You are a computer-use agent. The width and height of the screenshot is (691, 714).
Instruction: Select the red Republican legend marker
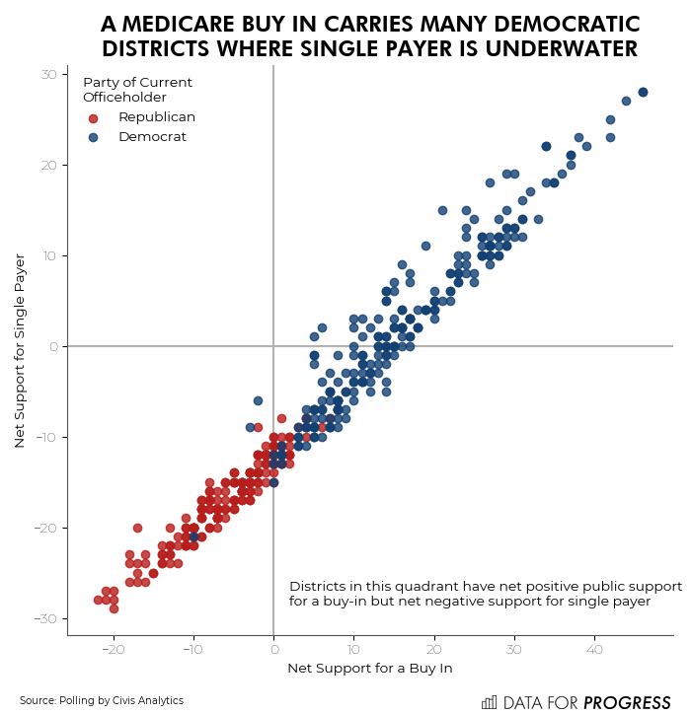[x=93, y=117]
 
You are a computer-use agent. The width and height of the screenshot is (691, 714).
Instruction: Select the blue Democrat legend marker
[x=93, y=137]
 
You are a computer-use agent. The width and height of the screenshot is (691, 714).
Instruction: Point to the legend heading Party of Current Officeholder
[x=124, y=90]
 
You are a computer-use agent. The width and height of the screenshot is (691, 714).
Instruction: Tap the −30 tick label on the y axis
[x=45, y=618]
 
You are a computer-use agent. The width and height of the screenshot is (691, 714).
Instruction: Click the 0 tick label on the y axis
[x=53, y=346]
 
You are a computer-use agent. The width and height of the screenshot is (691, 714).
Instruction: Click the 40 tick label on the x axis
[x=594, y=650]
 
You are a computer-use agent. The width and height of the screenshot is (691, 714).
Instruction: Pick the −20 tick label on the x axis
[x=113, y=650]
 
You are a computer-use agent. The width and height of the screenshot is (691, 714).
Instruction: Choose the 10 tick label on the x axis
[x=353, y=650]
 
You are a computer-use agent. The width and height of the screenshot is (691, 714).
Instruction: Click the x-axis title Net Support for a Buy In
[x=369, y=669]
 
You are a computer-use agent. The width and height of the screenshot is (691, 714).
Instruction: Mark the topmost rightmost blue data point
[x=643, y=92]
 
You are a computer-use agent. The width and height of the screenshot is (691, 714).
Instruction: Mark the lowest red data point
[x=114, y=608]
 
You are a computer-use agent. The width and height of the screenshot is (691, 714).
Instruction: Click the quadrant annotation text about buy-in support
[x=484, y=594]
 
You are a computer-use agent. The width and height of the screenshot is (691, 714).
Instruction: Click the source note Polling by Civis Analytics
[x=101, y=701]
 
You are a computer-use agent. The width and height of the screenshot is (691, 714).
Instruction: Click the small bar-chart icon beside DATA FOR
[x=489, y=702]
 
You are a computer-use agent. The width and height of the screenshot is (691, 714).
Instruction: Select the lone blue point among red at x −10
[x=193, y=536]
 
